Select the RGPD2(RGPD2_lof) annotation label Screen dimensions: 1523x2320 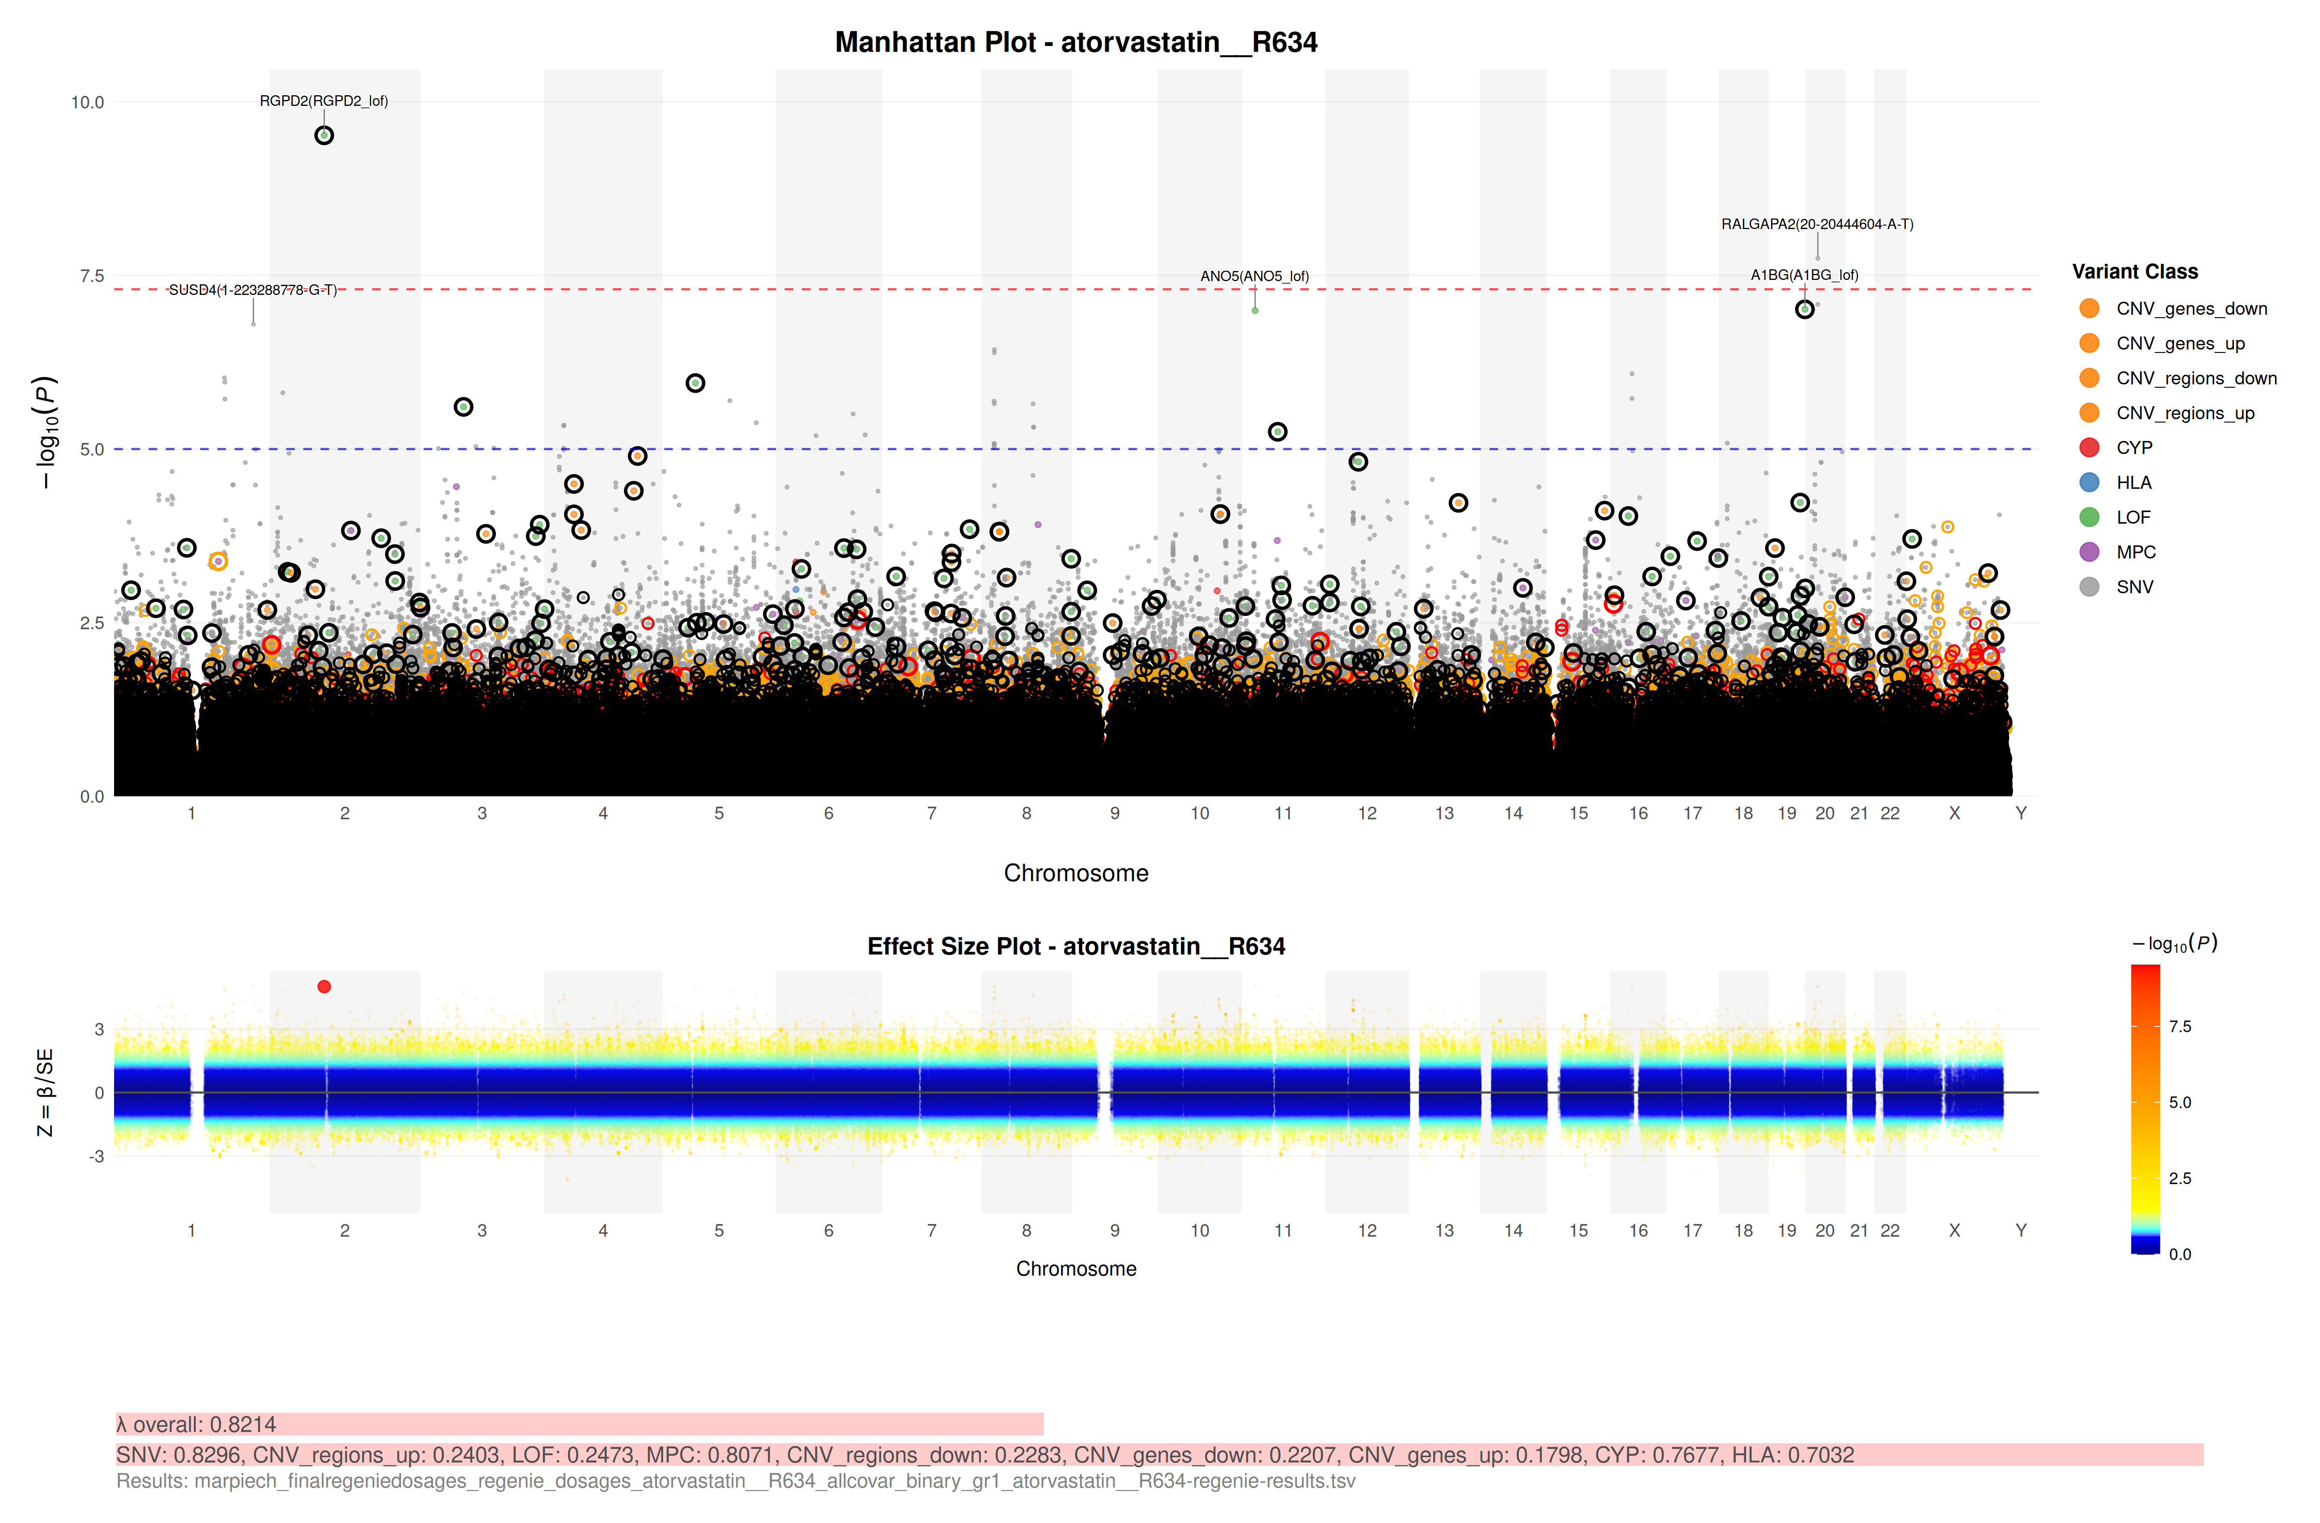coord(324,102)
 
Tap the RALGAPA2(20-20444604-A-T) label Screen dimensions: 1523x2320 coord(1817,224)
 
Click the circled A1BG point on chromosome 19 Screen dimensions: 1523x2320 coord(1804,309)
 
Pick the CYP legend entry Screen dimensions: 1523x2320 coord(2134,448)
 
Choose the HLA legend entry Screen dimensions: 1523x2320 coord(2134,483)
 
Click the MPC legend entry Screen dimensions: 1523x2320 coord(2136,552)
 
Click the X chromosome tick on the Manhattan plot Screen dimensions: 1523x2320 coord(1955,813)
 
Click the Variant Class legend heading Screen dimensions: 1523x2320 coord(2135,272)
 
